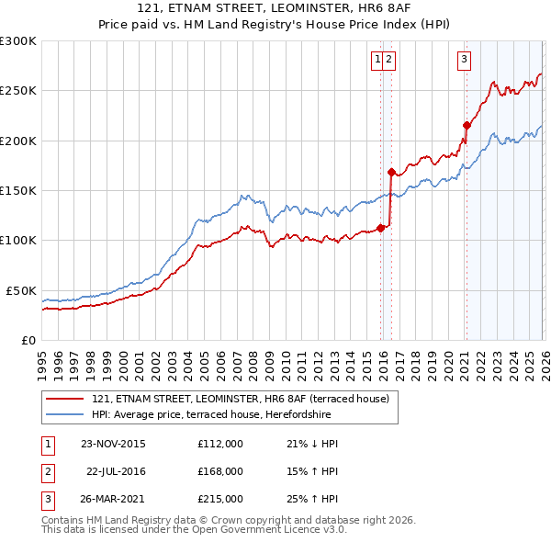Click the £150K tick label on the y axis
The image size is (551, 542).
(x=17, y=190)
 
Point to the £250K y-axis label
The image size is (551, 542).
(x=17, y=91)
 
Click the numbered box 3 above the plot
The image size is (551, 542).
(x=465, y=60)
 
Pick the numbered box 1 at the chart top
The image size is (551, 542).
(x=377, y=60)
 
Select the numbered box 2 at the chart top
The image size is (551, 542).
(x=389, y=60)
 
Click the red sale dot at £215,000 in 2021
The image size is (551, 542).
(x=467, y=126)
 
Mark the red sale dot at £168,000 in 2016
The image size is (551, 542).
(x=391, y=172)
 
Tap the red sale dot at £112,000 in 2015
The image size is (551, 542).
(x=380, y=228)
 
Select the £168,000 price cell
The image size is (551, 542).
(x=220, y=471)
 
